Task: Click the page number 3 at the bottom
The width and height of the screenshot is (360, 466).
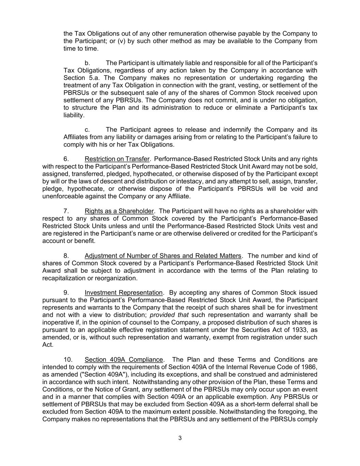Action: pyautogui.click(x=180, y=438)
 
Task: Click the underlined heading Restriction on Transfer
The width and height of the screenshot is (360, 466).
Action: pyautogui.click(x=117, y=159)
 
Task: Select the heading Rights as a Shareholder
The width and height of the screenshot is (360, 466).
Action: pyautogui.click(x=119, y=211)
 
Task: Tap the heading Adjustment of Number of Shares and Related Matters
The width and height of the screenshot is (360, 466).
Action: pyautogui.click(x=163, y=256)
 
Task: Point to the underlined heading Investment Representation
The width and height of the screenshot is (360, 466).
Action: pyautogui.click(x=124, y=293)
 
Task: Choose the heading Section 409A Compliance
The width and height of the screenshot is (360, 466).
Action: pyautogui.click(x=124, y=359)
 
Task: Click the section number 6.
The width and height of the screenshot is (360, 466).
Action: pyautogui.click(x=67, y=159)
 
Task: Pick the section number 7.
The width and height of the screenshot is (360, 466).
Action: pyautogui.click(x=67, y=211)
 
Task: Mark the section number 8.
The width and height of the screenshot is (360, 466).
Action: pyautogui.click(x=67, y=256)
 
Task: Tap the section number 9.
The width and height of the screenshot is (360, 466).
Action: pyautogui.click(x=67, y=293)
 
